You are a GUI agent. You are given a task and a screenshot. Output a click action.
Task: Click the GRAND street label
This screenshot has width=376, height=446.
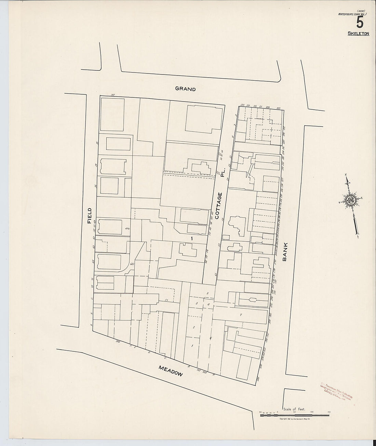(185, 89)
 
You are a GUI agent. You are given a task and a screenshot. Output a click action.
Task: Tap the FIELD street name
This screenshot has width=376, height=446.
(90, 216)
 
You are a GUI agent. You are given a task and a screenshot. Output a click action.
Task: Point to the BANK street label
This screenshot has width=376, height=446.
(285, 252)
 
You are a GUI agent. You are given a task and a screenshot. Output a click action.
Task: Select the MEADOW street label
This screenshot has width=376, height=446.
(171, 371)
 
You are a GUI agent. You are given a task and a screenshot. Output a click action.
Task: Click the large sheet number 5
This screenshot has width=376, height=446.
(360, 23)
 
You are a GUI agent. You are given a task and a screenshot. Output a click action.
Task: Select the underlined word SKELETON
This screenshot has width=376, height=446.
(358, 33)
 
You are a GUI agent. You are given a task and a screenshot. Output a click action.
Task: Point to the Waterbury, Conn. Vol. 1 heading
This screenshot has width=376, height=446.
(352, 14)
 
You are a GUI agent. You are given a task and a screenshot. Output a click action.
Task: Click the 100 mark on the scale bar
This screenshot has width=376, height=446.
(312, 412)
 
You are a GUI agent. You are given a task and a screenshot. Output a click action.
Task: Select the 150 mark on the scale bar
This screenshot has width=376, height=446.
(329, 412)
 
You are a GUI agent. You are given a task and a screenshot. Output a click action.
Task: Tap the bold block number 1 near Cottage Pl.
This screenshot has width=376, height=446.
(192, 238)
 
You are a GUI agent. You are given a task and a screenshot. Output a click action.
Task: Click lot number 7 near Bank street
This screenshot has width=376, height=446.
(241, 315)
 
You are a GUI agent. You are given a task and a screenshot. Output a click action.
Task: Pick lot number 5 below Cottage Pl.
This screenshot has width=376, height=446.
(207, 294)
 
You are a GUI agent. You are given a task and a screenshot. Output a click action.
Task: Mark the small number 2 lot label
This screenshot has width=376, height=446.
(194, 327)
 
